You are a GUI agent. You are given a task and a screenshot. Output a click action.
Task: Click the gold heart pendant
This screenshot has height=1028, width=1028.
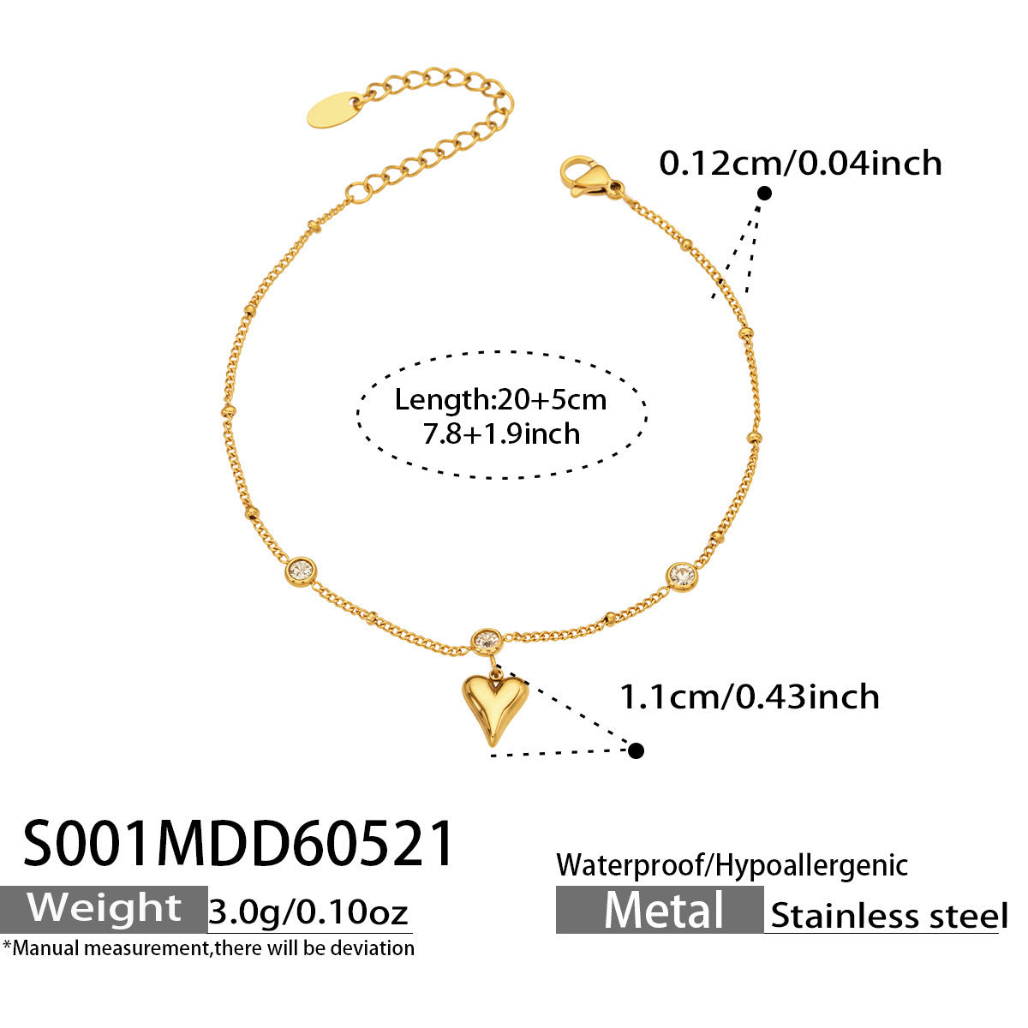pos(494,710)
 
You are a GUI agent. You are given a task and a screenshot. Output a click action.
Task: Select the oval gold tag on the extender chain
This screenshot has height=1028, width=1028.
pos(334,110)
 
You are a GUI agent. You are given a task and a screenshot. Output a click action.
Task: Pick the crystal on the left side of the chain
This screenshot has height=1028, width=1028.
pos(302,571)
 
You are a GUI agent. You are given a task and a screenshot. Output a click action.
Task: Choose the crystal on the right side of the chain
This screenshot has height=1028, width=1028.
pos(682,576)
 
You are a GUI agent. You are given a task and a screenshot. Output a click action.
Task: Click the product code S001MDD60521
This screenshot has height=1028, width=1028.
pos(238,844)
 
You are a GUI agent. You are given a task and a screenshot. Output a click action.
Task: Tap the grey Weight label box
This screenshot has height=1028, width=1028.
pos(104,909)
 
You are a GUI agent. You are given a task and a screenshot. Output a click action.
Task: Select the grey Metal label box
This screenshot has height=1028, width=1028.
pos(660,910)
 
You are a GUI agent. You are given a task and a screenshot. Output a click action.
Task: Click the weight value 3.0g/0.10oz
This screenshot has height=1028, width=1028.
pos(308,911)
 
